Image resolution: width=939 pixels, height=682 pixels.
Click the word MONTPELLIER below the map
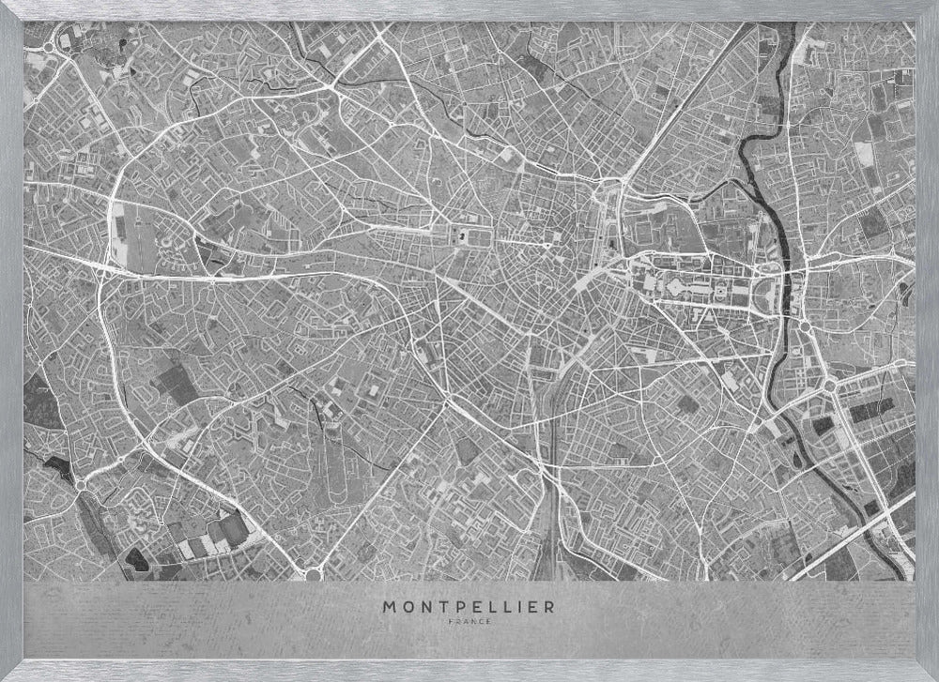coord(468,607)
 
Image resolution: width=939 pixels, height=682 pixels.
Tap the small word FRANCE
coord(468,622)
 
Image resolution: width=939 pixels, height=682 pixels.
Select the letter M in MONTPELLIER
coord(389,607)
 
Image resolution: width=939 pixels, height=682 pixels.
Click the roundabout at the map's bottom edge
coord(313,571)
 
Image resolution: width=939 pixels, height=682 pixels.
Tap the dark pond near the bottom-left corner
coord(137,559)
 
